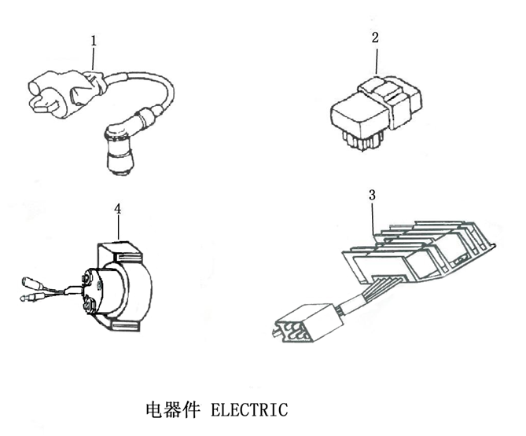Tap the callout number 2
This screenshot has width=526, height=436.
point(375,37)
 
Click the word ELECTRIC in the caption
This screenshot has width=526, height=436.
point(251,409)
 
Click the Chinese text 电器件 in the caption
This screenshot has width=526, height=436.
point(172,409)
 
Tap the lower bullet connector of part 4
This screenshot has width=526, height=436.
point(27,299)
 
